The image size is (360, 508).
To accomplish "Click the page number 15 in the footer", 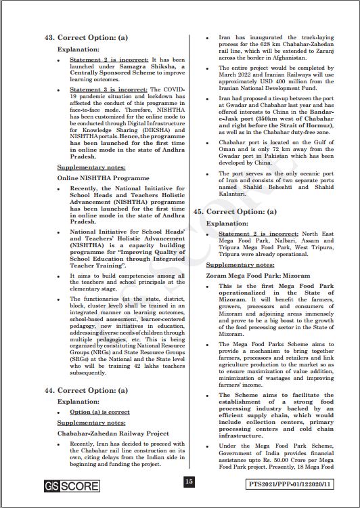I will [189, 482].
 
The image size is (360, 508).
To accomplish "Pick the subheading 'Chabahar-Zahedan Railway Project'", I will [113, 433].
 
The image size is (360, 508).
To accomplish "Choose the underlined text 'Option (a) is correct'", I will [99, 412].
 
